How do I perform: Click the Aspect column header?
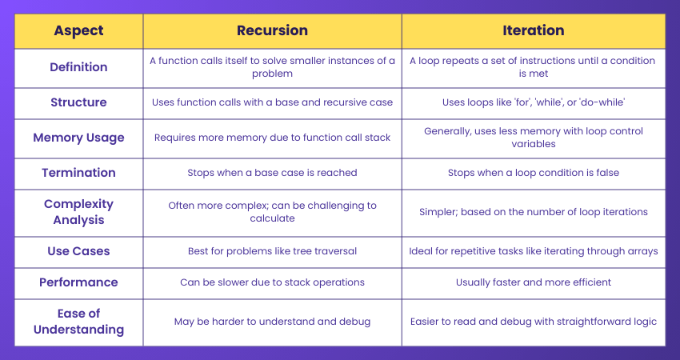tap(78, 30)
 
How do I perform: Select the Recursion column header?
tap(272, 30)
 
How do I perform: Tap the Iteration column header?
tap(533, 30)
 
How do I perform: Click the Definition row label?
tap(78, 67)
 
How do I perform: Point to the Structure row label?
tap(78, 102)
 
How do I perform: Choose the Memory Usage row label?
tap(78, 138)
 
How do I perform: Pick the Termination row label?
tap(78, 173)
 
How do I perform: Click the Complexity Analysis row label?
tap(78, 212)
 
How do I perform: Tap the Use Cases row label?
tap(78, 251)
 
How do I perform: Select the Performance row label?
tap(78, 282)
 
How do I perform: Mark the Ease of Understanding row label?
tap(78, 322)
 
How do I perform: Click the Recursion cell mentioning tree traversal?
tap(272, 251)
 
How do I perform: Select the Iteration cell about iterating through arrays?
tap(533, 251)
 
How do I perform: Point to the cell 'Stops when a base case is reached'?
tap(272, 173)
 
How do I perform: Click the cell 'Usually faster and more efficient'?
tap(533, 282)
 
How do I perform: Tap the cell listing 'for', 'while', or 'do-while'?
tap(533, 102)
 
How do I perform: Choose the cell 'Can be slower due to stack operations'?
tap(272, 282)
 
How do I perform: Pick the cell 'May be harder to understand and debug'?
tap(272, 322)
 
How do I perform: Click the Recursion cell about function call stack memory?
tap(272, 138)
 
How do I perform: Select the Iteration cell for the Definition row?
tap(533, 67)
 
